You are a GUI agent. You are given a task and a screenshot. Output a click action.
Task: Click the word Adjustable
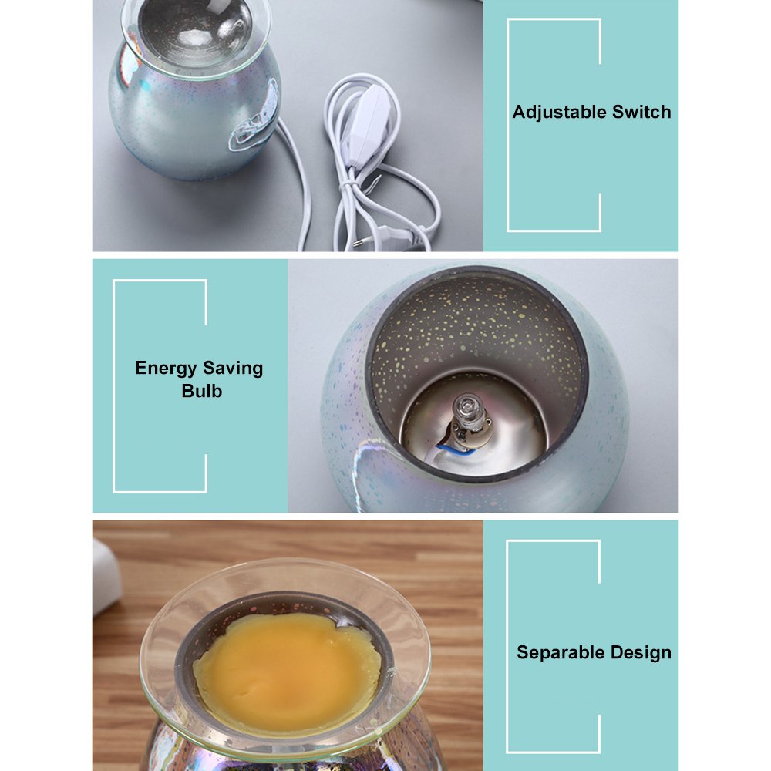[x=558, y=112]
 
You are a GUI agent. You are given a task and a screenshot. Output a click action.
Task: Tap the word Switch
[x=641, y=112]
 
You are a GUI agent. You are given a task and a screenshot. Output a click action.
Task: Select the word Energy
[x=166, y=369]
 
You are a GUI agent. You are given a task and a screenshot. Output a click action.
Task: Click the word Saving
[x=233, y=369]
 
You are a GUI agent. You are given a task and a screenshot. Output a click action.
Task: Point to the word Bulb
[x=201, y=391]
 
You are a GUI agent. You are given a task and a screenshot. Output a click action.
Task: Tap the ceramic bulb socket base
[x=467, y=433]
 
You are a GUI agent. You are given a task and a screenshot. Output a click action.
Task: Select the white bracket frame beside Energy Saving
[x=114, y=386]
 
